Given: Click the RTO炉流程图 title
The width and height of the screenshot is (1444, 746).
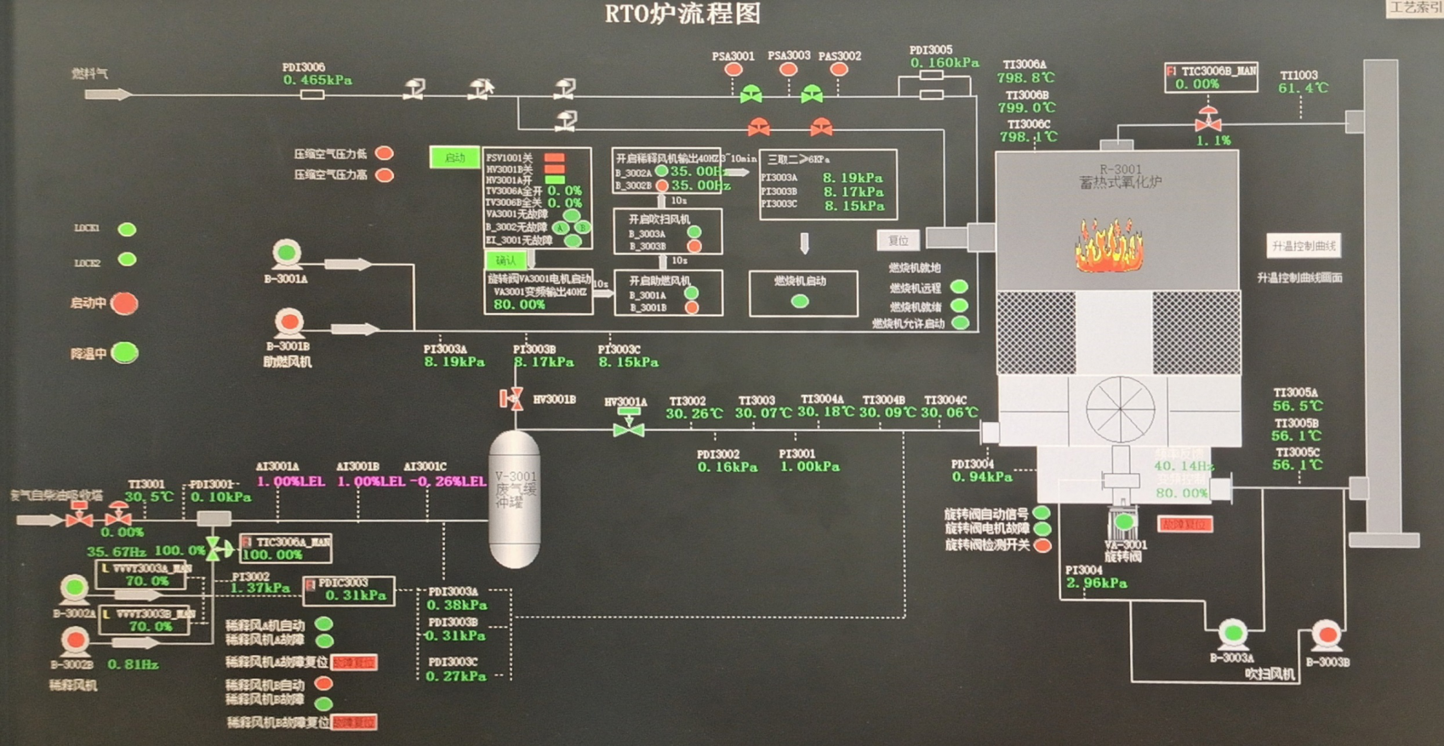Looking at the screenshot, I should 682,14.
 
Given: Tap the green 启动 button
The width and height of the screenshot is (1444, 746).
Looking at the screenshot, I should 454,157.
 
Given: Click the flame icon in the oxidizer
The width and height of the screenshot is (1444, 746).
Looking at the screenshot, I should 1110,247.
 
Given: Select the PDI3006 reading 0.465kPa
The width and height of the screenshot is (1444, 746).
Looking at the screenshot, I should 317,81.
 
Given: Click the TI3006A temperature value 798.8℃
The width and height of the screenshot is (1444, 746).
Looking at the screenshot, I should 1026,78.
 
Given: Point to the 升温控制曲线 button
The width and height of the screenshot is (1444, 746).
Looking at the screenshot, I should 1303,247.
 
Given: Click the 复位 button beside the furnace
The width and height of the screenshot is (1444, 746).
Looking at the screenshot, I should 898,241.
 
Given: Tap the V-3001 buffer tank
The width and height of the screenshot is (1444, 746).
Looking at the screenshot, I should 515,499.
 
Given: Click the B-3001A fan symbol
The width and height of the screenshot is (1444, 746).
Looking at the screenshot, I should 287,253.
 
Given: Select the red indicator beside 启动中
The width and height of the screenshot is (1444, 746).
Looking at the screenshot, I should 125,304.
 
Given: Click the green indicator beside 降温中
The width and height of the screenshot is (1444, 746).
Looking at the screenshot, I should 125,353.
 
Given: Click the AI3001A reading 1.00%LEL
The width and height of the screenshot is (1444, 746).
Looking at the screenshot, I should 290,481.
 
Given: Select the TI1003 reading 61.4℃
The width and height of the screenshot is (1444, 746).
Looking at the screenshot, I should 1304,88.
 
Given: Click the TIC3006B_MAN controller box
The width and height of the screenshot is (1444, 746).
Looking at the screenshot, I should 1211,77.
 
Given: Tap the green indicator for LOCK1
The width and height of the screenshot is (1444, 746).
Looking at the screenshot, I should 127,230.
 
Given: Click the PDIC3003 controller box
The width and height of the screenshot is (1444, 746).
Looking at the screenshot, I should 349,590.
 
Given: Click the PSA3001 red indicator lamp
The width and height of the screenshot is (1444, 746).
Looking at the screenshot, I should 733,70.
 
